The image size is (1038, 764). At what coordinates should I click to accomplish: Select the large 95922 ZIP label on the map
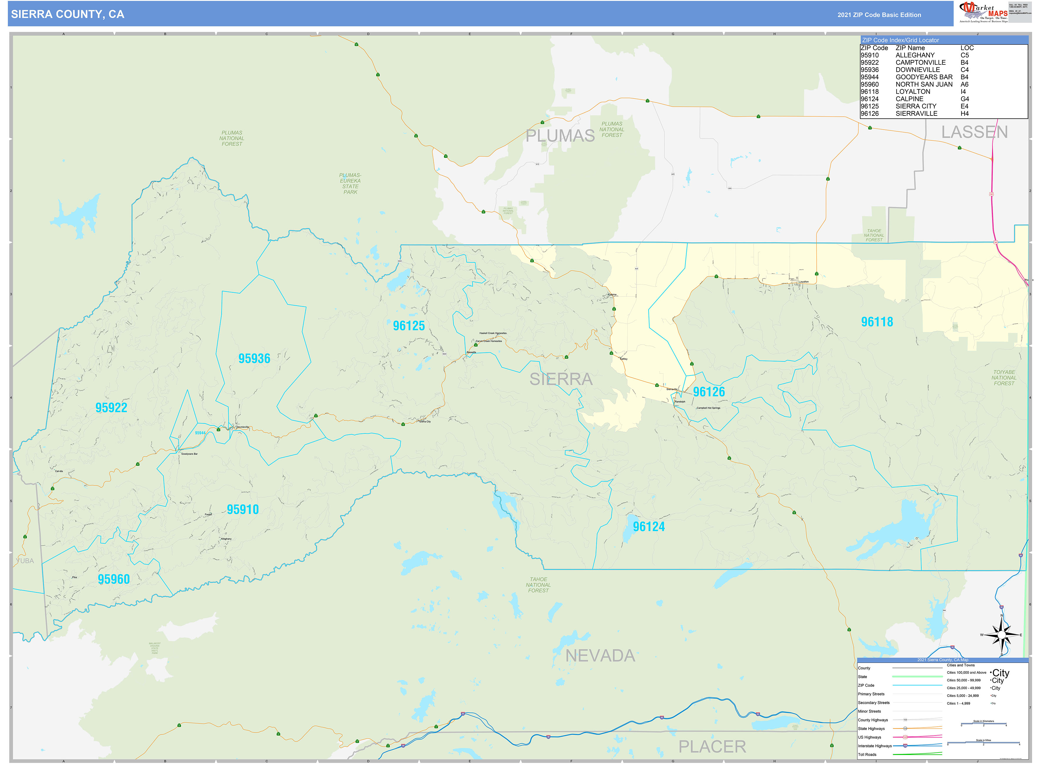pos(111,408)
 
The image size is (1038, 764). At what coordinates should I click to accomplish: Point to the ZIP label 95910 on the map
pos(242,510)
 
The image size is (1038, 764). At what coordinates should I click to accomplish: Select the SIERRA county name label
pos(561,380)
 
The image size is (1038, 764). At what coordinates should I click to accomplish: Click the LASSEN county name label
pos(975,132)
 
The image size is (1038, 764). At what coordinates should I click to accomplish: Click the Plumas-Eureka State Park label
pos(350,184)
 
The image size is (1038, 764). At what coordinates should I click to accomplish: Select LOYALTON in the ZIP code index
pos(913,92)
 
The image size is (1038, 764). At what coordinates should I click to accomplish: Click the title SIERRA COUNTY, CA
pos(68,14)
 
